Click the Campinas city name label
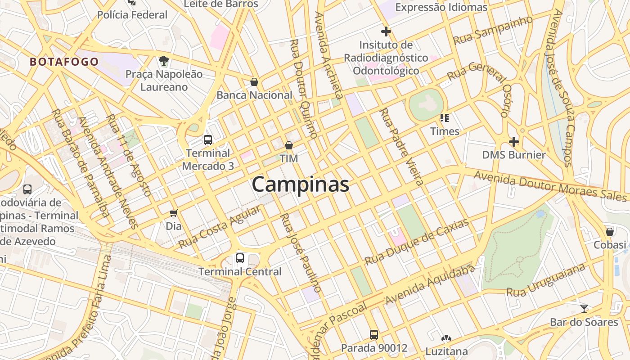(x=300, y=184)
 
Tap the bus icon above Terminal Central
(x=240, y=258)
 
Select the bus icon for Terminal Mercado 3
(x=207, y=139)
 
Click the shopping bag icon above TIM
(x=289, y=145)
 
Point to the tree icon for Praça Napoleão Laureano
(x=164, y=60)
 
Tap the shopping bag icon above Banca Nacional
(x=254, y=82)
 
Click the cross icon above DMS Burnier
(x=513, y=142)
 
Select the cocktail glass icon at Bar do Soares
(x=584, y=309)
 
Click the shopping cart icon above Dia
(x=174, y=213)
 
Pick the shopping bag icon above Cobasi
(x=610, y=232)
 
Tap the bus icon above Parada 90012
(x=374, y=334)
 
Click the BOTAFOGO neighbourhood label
(x=64, y=62)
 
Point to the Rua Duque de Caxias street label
(x=417, y=242)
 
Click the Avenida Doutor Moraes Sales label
(x=549, y=185)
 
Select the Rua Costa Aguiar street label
(x=219, y=228)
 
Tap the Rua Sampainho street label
(x=493, y=30)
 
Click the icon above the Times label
(x=445, y=118)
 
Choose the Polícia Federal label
(x=132, y=15)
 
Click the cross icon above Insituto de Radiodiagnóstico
(x=386, y=31)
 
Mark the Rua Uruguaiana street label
(x=546, y=280)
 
